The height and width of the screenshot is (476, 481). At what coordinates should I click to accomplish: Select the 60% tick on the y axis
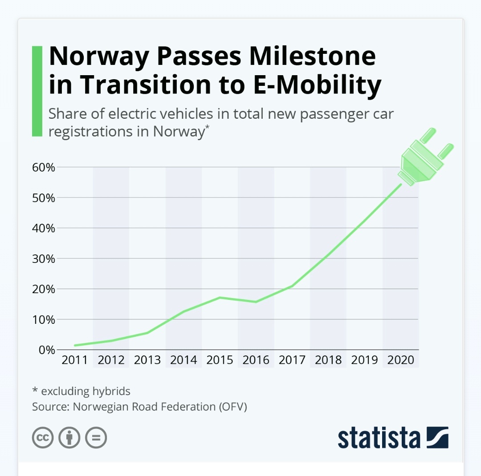pos(43,168)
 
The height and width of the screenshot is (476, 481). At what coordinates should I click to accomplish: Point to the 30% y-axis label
pos(43,259)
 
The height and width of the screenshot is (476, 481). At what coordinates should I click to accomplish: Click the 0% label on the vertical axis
pos(46,350)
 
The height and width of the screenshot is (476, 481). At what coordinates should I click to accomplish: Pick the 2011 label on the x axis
pos(75,360)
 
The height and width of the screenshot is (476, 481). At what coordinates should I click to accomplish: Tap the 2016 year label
pos(256,360)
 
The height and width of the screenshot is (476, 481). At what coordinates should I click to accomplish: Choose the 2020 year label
pos(400,360)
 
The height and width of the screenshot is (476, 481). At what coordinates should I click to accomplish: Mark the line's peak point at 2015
pos(220,297)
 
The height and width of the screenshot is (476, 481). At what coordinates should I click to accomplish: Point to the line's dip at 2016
pos(256,302)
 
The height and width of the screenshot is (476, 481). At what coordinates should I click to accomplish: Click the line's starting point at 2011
pos(75,345)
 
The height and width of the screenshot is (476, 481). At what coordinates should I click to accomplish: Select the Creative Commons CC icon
pos(43,438)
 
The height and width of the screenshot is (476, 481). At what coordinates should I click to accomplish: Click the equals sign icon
pos(96,438)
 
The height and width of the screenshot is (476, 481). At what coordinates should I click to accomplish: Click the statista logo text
pos(379,438)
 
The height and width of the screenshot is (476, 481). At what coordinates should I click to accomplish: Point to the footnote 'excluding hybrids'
pos(86,391)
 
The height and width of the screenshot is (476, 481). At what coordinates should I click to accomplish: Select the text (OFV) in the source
pos(232,407)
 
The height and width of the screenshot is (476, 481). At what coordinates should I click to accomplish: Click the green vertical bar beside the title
pos(37,91)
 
